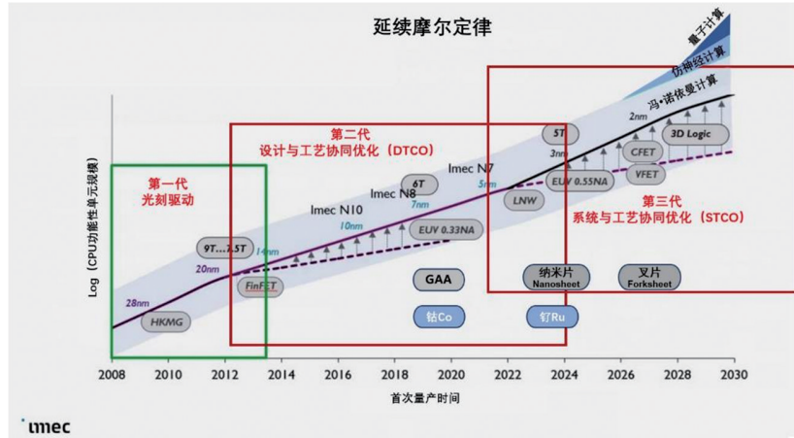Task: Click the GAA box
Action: [x=438, y=280]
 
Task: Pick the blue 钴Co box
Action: [x=438, y=316]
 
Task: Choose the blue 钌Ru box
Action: [x=546, y=316]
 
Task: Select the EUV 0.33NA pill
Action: [x=447, y=229]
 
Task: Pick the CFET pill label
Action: [x=643, y=152]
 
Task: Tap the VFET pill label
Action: [x=643, y=174]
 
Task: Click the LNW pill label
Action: [x=525, y=200]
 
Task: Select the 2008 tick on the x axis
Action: [x=113, y=374]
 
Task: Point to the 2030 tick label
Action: [x=734, y=374]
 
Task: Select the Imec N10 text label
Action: [x=337, y=209]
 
